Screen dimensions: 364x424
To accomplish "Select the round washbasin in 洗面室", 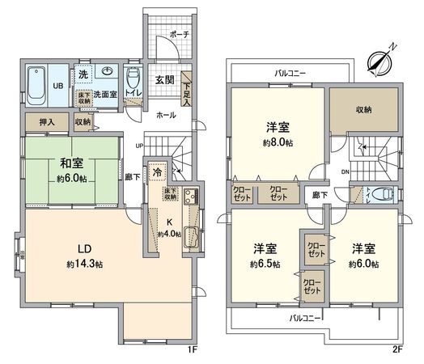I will coord(107,71).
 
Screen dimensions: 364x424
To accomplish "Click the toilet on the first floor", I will coord(135,79).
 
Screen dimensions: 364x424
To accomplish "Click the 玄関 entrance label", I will coord(166,78).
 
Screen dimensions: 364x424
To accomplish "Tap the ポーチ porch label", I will coord(179,35).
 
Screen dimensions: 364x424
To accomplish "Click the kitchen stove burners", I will coord(189,197).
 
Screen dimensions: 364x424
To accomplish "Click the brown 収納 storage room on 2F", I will coord(363,109).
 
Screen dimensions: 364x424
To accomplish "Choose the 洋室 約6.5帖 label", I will coord(265,256).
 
